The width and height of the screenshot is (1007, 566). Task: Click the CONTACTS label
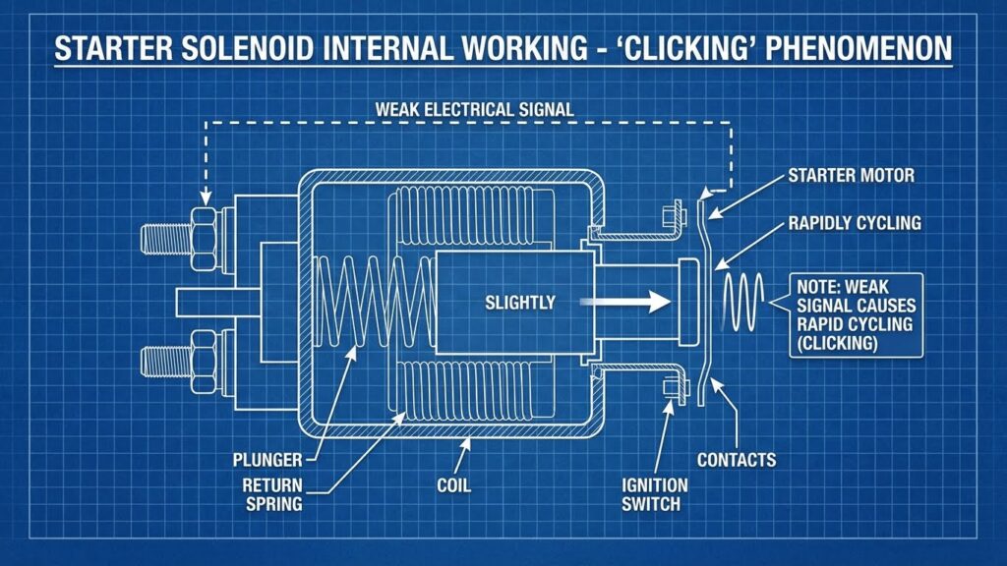coord(737,459)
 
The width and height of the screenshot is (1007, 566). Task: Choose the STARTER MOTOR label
coord(851,176)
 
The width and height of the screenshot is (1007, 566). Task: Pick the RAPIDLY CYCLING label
coord(855,223)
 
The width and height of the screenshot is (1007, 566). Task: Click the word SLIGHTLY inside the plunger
coord(520,303)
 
